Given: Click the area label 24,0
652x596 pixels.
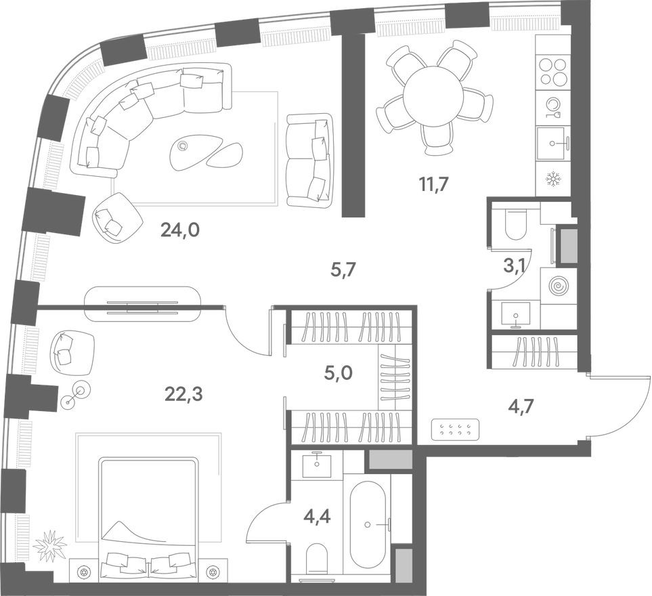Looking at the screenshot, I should pyautogui.click(x=179, y=231).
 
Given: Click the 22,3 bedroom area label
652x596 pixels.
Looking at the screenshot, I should pyautogui.click(x=183, y=393).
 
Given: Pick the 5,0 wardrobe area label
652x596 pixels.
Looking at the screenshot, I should pyautogui.click(x=339, y=373).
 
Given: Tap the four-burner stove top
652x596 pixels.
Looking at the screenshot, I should pyautogui.click(x=554, y=72).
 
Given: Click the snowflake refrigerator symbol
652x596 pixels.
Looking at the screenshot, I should pyautogui.click(x=553, y=180).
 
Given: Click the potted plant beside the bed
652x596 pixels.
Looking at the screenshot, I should pyautogui.click(x=50, y=545).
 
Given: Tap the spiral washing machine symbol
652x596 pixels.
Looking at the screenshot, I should pyautogui.click(x=559, y=286).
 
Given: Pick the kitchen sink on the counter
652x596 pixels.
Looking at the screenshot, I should pyautogui.click(x=554, y=143).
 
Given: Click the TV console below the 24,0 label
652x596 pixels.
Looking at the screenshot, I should pyautogui.click(x=142, y=304).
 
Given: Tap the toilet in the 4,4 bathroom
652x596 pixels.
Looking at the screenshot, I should pyautogui.click(x=316, y=560).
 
